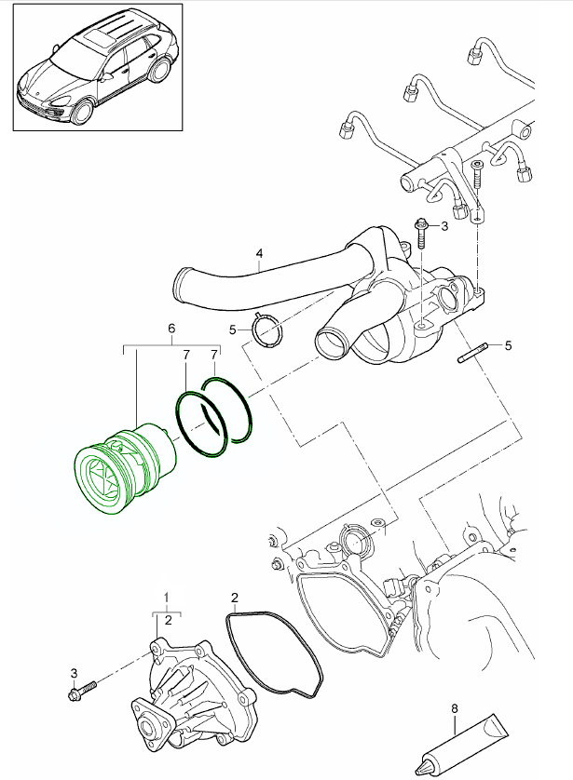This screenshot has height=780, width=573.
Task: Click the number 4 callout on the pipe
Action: click(259, 252)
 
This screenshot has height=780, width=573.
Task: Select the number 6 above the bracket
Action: click(171, 329)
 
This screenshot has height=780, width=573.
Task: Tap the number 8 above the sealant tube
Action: click(455, 708)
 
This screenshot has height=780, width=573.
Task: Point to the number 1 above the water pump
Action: click(167, 595)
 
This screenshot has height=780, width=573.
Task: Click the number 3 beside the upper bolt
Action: click(444, 225)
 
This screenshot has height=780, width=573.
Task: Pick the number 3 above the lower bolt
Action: click(74, 672)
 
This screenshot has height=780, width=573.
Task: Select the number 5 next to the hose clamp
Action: click(234, 329)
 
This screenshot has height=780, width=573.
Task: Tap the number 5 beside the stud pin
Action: click(508, 345)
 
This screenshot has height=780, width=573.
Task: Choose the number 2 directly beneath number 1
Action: click(167, 618)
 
